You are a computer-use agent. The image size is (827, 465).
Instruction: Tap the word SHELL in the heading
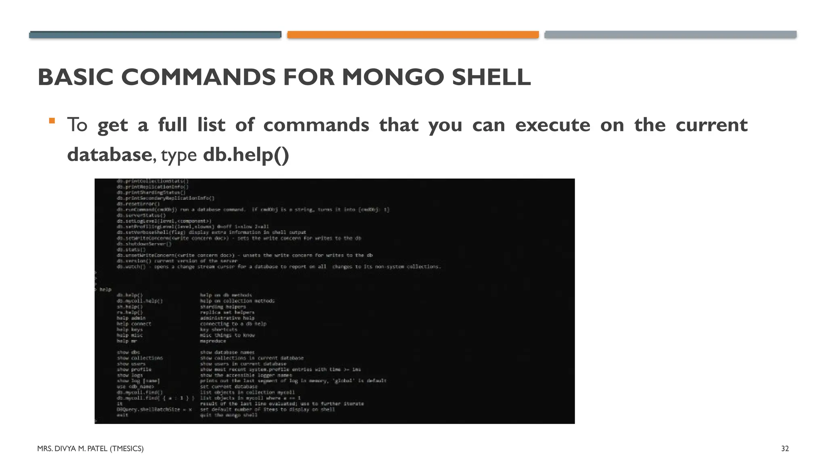[x=491, y=77]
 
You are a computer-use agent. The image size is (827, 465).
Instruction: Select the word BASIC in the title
[x=76, y=77]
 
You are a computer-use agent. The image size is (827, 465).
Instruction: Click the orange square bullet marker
[x=52, y=121]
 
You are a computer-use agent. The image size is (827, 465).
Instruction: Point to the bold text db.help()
[x=246, y=155]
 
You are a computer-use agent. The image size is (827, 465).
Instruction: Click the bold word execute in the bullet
[x=552, y=125]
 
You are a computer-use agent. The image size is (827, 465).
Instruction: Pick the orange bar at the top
[x=413, y=35]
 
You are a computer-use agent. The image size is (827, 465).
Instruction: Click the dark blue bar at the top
[x=155, y=35]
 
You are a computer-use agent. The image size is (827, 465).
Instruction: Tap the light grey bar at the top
[x=670, y=35]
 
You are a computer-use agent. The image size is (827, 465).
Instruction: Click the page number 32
[x=785, y=448]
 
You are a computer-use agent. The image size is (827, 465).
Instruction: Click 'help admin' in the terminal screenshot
[x=131, y=318]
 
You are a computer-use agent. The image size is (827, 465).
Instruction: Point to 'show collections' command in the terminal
[x=140, y=358]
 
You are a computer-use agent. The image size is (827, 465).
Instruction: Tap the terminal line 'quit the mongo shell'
[x=229, y=415]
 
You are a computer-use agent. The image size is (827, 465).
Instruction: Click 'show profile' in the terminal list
[x=134, y=369]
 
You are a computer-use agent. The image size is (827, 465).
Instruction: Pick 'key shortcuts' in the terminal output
[x=219, y=329]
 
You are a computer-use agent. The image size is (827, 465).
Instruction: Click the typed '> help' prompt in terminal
[x=103, y=289]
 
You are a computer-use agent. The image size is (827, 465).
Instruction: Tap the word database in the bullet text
[x=109, y=155]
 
